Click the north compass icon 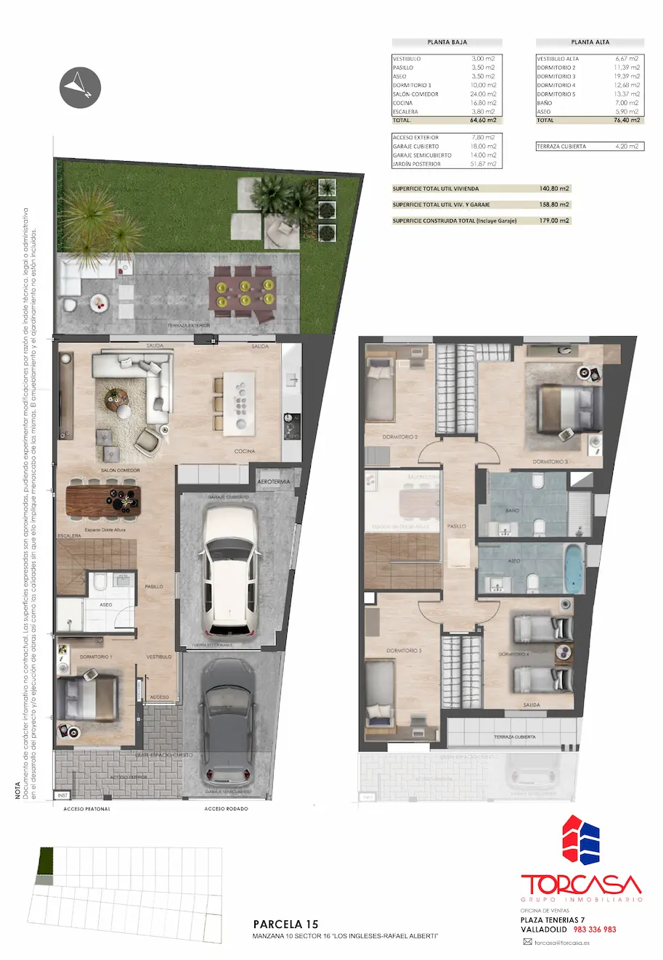point(79,87)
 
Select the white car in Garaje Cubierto point(229,570)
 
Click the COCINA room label point(245,451)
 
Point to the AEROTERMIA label point(274,482)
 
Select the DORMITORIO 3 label point(550,461)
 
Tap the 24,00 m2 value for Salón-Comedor point(484,94)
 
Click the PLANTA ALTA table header point(590,43)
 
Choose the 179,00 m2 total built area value point(554,221)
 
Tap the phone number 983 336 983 point(595,930)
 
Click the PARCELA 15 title point(285,924)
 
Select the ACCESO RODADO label point(226,808)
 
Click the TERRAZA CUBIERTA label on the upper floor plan point(515,737)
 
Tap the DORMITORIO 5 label point(404,651)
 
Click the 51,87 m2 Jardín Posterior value point(484,164)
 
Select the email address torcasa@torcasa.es point(561,943)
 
